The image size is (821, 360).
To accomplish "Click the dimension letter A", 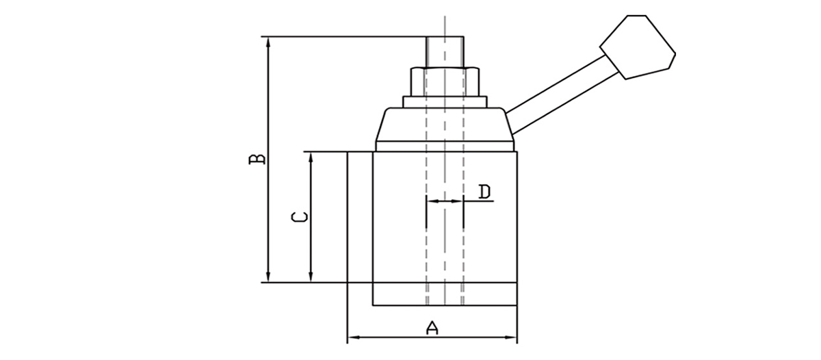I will (x=432, y=328).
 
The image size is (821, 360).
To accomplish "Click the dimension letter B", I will (x=257, y=159).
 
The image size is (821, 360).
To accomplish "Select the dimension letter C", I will (x=299, y=218).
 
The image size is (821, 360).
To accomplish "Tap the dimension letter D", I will (x=484, y=192).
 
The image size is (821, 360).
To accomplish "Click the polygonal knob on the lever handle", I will (x=637, y=46).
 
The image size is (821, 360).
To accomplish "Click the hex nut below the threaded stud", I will (x=445, y=81).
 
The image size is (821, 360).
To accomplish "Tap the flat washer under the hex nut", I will (x=445, y=102).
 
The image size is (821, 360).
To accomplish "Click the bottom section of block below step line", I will (x=445, y=294).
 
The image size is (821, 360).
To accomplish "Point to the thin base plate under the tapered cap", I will (x=445, y=146).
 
